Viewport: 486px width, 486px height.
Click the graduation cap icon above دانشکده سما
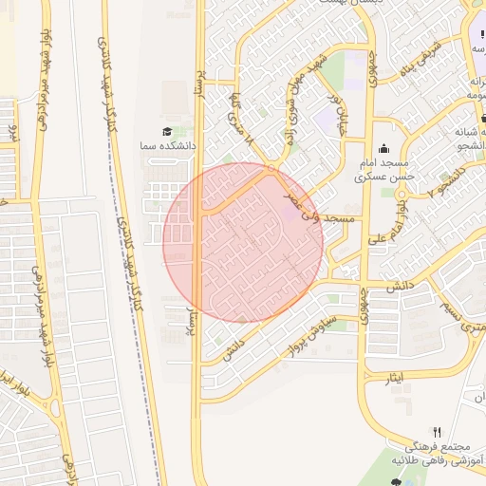coord(167,132)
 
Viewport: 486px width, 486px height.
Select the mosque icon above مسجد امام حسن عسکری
coord(383,148)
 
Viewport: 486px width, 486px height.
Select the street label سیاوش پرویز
coord(307,333)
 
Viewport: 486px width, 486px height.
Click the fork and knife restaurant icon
coord(437,432)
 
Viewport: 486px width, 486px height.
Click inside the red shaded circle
coord(243,243)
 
